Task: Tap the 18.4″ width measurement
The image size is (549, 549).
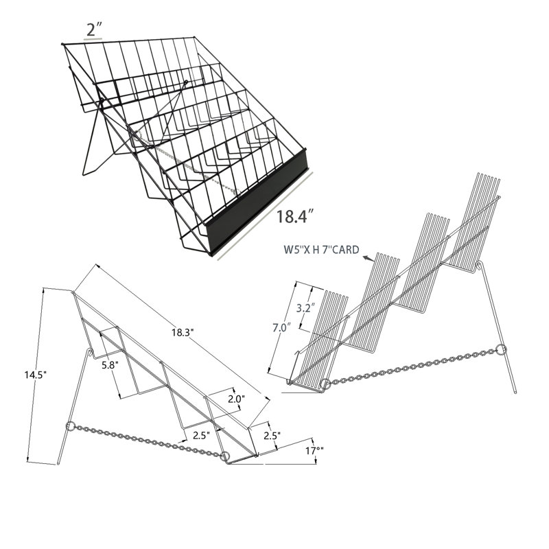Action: point(295,218)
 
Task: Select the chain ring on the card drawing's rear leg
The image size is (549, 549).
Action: point(500,349)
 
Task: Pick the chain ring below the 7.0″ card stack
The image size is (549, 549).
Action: point(323,385)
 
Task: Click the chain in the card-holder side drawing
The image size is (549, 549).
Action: point(412,367)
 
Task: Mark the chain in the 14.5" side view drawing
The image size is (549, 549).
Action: point(148,442)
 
